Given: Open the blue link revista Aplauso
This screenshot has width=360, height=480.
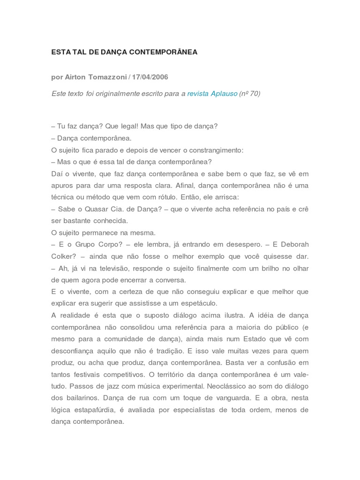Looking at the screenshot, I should coord(212,93).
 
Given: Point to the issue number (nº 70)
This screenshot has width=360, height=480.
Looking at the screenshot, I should coord(250,93).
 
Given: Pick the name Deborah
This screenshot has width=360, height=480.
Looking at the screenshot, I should coord(294,245).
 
